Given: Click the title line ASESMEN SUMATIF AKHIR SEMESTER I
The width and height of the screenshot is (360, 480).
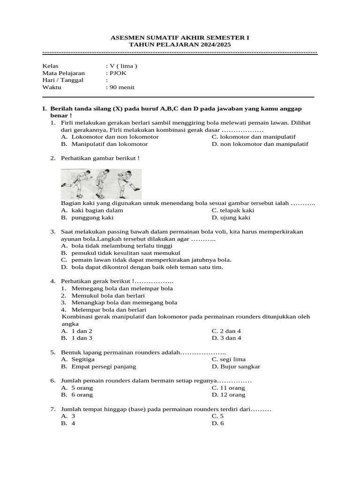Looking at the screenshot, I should tap(180, 37).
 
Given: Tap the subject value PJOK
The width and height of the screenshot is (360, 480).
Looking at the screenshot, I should tap(118, 73).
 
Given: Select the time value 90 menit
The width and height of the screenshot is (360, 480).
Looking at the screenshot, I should tap(121, 87).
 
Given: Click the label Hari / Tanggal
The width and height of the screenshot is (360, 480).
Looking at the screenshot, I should tap(63, 80).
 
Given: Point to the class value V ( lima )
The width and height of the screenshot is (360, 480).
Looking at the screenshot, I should tap(123, 66).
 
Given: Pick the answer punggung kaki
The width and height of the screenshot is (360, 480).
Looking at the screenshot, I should tap(92, 217).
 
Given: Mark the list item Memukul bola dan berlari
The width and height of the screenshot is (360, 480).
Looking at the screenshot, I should tap(108, 296).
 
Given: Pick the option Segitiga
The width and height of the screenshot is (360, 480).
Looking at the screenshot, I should tap(83, 360).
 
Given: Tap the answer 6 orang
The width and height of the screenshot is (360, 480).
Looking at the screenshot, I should tap(82, 395).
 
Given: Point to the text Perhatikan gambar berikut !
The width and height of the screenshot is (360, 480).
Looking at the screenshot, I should tap(100, 158).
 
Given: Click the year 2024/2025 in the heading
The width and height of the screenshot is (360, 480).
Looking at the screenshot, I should tap(210, 44).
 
